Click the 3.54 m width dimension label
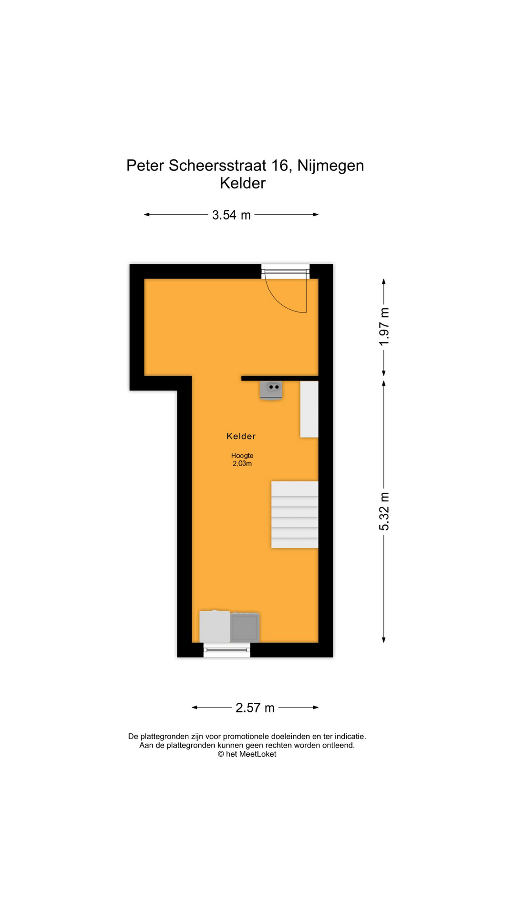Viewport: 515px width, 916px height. click(231, 215)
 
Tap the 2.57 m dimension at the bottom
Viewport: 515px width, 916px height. click(255, 708)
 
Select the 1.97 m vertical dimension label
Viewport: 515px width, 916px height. click(384, 327)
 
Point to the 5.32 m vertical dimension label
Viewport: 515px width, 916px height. click(384, 511)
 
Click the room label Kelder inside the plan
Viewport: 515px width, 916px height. click(241, 436)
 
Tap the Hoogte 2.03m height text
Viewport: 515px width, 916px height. click(242, 459)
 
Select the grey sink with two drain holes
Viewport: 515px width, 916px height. click(271, 389)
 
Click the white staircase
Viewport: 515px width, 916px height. click(295, 515)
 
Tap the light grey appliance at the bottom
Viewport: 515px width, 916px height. click(215, 626)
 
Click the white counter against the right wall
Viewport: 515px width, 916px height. click(309, 409)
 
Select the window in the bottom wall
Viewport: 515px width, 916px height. click(227, 650)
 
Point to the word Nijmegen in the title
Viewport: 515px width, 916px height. click(330, 166)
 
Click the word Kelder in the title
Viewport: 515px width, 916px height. click(243, 183)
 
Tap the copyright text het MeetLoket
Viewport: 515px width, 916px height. click(247, 754)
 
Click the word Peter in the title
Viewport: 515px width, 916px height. click(145, 166)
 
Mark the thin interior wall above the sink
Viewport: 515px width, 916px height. click(280, 378)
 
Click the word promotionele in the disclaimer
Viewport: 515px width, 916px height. click(243, 737)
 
